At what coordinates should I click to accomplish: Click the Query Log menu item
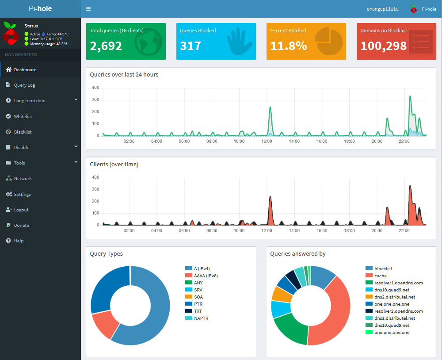pos(24,85)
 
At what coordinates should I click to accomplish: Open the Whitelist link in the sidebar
pos(23,116)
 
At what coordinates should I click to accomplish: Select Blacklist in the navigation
pos(23,132)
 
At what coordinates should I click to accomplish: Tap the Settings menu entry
pos(22,194)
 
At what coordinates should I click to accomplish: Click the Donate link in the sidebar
pos(21,225)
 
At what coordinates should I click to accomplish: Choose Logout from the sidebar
pos(21,210)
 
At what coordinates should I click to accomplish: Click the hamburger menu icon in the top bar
pos(88,9)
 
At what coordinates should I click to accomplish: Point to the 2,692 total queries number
pos(106,46)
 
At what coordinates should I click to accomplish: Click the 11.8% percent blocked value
pos(288,46)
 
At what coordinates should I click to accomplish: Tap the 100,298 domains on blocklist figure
pos(383,46)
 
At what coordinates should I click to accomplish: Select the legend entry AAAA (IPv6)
pos(206,276)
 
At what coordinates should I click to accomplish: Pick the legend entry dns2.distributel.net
pos(394,297)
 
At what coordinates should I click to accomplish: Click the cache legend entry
pos(380,276)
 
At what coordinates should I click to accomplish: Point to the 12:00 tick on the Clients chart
pos(267,230)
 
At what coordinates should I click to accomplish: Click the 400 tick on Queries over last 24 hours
pos(95,88)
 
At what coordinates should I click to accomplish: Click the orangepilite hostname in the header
pos(382,9)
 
